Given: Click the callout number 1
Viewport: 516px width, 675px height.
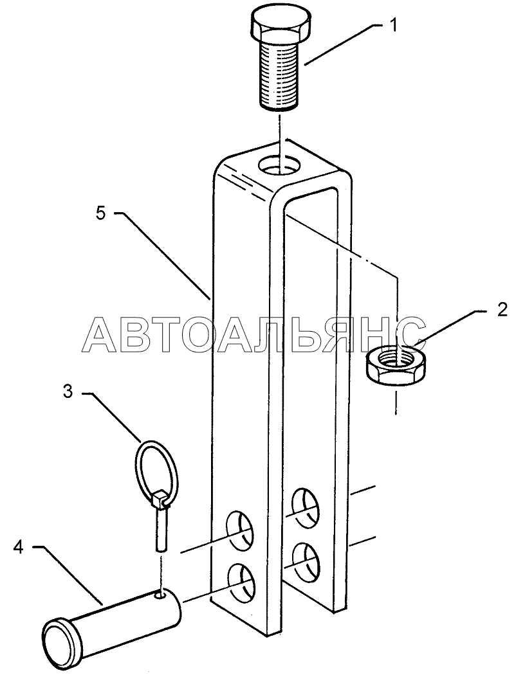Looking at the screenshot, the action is click(x=392, y=26).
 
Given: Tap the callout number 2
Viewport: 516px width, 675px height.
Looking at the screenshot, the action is click(x=502, y=310).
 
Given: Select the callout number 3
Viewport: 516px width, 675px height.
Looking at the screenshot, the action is click(x=68, y=393).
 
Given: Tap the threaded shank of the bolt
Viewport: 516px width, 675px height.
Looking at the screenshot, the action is click(x=279, y=75).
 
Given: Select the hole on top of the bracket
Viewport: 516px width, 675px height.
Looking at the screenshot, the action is click(x=280, y=166).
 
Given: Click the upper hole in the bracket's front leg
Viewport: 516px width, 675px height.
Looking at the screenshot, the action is click(x=239, y=530).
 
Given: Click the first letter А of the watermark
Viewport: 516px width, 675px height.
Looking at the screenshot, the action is click(x=102, y=334).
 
